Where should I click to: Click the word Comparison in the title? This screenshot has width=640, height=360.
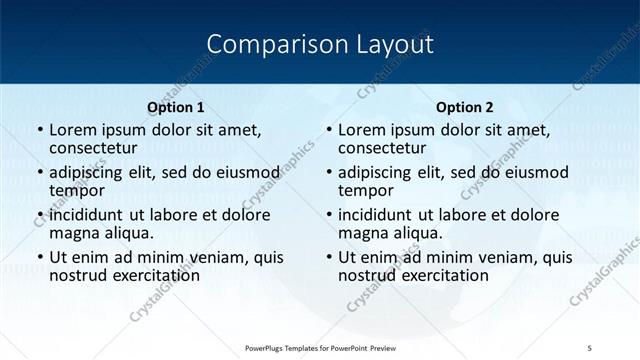click(x=265, y=44)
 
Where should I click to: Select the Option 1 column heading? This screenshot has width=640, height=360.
click(x=175, y=107)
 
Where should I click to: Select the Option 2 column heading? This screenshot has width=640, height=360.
click(x=464, y=107)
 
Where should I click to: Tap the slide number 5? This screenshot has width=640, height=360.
click(x=589, y=347)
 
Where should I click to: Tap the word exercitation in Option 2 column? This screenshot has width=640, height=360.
click(x=442, y=275)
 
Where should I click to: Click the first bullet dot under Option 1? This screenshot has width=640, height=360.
click(x=39, y=130)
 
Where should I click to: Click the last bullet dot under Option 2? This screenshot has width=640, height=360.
click(x=328, y=257)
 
